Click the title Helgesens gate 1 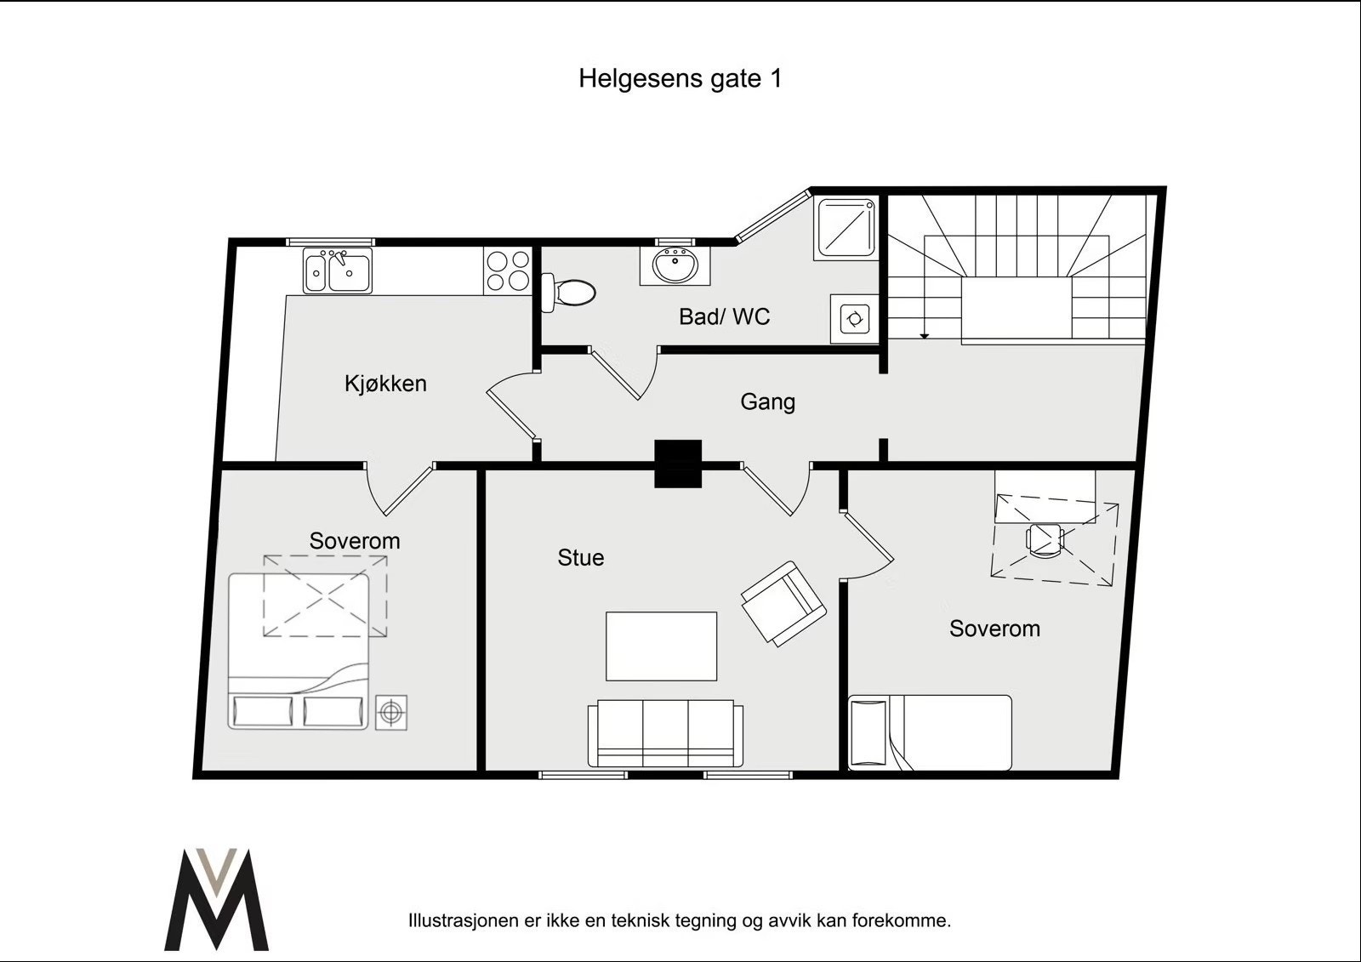tap(680, 78)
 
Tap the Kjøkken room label tap(385, 384)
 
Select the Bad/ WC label tap(724, 317)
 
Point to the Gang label tap(767, 401)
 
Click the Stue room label tap(581, 558)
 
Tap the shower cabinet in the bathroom tap(846, 228)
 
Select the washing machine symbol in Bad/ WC tap(854, 319)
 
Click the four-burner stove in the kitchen tap(508, 270)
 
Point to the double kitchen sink tap(338, 270)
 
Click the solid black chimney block tap(678, 464)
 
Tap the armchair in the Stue tap(783, 604)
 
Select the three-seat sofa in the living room tap(665, 732)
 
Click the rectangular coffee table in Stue tap(661, 646)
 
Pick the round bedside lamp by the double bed tap(391, 712)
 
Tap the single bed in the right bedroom tap(931, 732)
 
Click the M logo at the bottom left tap(218, 900)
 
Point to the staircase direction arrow tap(925, 334)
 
